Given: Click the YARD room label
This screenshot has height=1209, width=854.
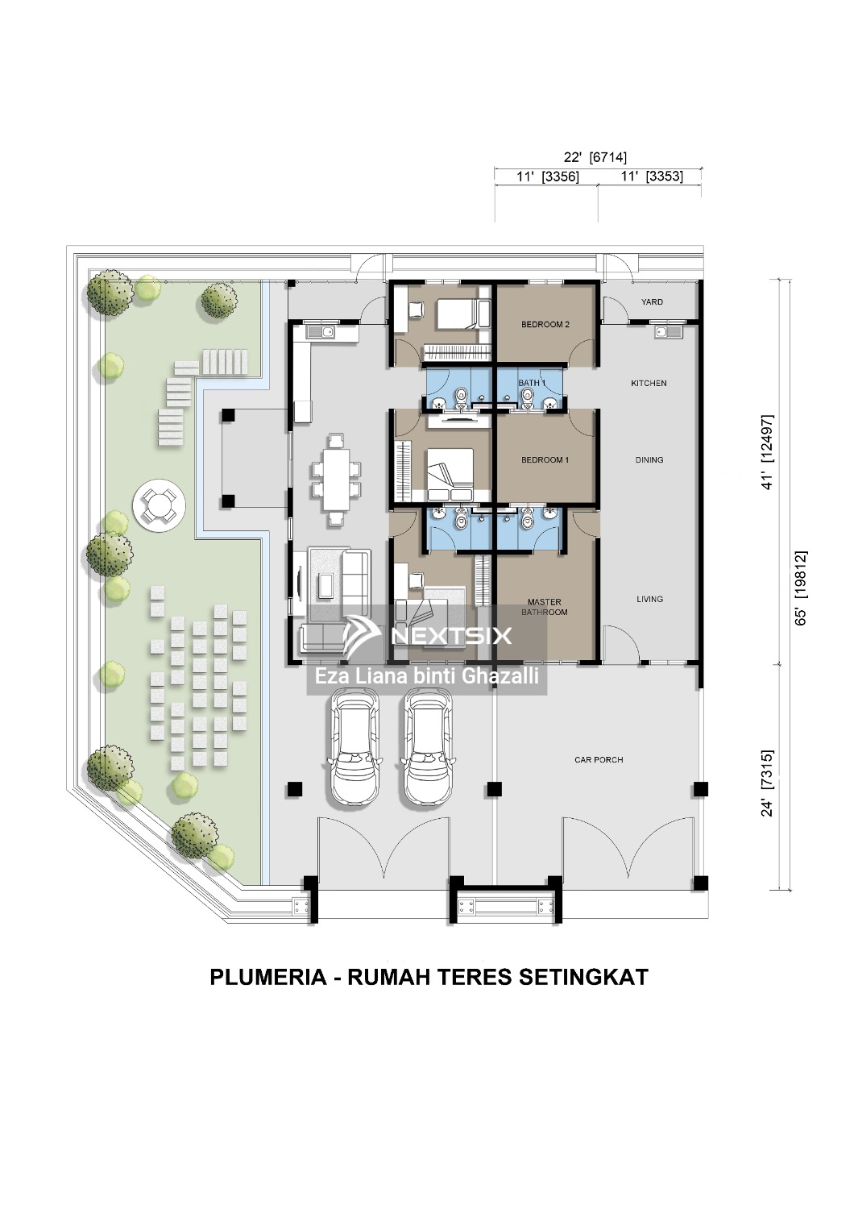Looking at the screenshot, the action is click(652, 301).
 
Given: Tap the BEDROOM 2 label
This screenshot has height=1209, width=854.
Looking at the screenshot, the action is click(545, 324).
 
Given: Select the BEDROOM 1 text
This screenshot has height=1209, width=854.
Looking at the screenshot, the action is click(545, 460).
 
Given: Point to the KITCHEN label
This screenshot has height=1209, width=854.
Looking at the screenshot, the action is click(649, 383).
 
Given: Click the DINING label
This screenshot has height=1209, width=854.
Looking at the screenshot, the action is click(649, 460).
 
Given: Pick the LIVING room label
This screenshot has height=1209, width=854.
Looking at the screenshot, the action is click(649, 599).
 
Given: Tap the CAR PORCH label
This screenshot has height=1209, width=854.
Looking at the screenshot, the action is click(599, 760).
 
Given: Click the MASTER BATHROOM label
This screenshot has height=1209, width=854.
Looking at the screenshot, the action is click(545, 607).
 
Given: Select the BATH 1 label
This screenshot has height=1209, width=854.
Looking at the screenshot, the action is click(532, 383).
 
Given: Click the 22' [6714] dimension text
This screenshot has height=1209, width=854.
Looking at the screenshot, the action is click(595, 157).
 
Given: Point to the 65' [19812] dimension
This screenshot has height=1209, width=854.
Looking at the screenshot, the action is click(800, 588).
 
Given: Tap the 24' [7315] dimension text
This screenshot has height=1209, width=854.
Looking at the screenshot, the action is click(768, 783).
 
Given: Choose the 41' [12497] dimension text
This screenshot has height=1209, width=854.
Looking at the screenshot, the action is click(768, 451).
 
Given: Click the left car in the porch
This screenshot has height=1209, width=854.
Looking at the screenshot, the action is click(354, 747).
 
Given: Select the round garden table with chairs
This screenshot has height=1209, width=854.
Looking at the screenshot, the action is click(160, 504).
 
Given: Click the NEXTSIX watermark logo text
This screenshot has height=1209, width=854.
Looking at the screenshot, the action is click(451, 635).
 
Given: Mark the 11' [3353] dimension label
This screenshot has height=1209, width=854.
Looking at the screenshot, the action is click(652, 177).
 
